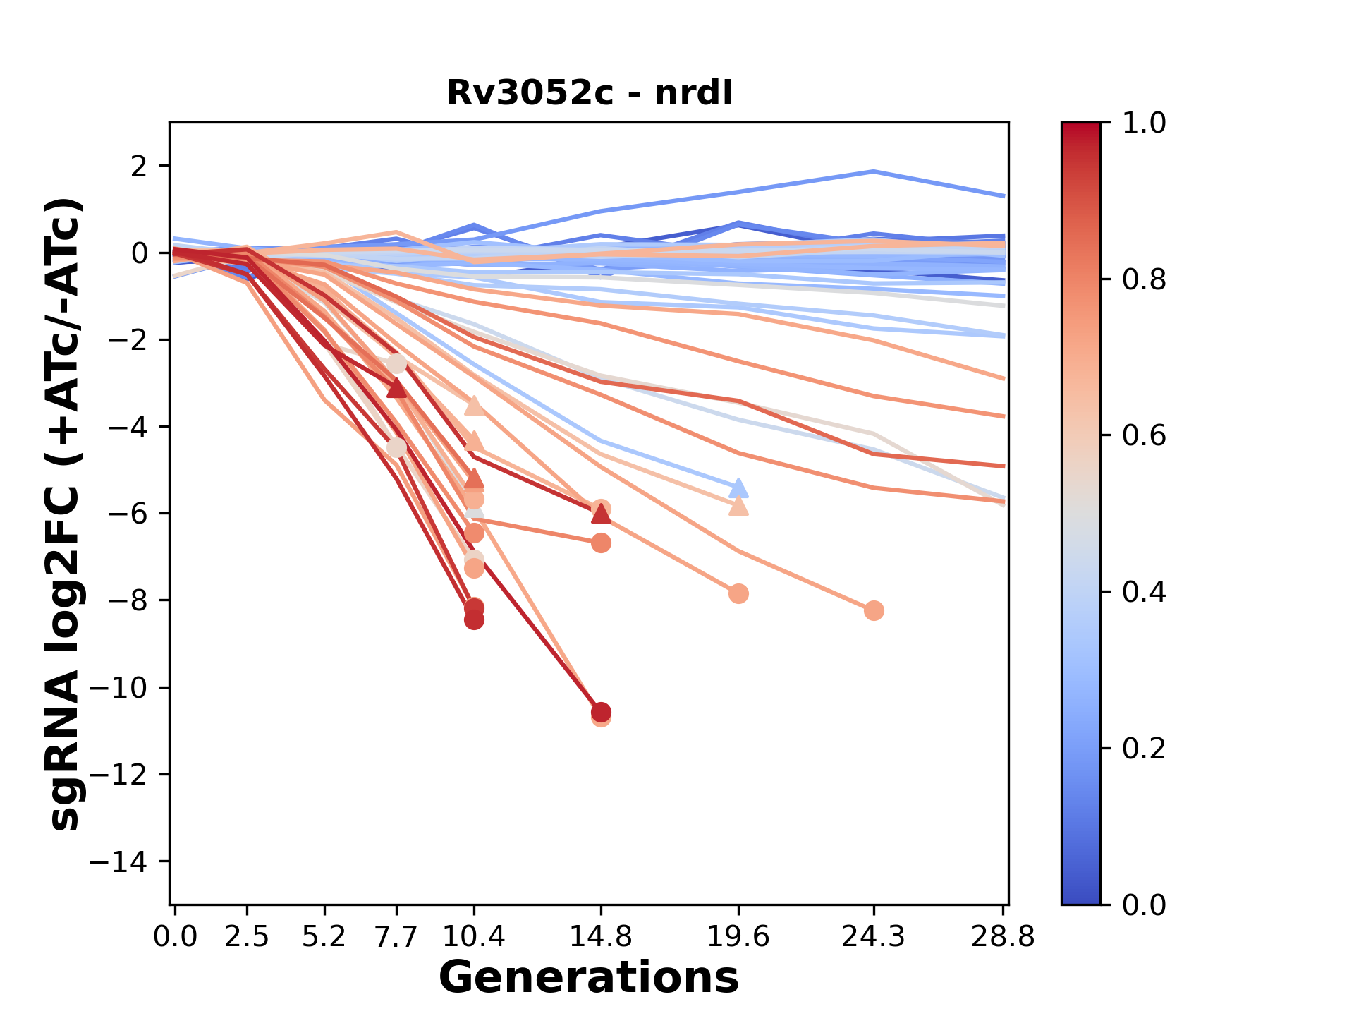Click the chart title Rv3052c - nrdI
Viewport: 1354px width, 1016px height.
click(x=590, y=93)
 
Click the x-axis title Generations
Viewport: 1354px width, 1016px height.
click(x=589, y=978)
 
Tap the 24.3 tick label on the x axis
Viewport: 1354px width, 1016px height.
click(x=874, y=937)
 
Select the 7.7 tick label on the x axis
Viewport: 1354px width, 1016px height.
click(x=397, y=937)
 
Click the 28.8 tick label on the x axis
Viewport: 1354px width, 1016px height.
click(x=1003, y=937)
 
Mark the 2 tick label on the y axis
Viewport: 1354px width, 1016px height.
click(x=141, y=166)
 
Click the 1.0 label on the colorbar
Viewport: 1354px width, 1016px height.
click(x=1144, y=123)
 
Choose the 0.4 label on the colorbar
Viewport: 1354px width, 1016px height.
click(x=1144, y=592)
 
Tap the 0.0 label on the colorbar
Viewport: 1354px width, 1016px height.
click(x=1144, y=905)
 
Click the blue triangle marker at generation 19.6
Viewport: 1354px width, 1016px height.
click(x=738, y=488)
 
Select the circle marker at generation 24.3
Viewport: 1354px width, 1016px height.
click(x=874, y=610)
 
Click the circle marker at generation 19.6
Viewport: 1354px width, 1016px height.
click(x=738, y=593)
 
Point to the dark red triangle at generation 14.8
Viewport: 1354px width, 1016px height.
click(x=601, y=514)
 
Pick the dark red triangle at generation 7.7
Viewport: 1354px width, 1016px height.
click(x=397, y=387)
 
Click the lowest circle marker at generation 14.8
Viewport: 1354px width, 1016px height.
click(x=601, y=718)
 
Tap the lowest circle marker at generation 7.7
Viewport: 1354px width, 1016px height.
click(x=397, y=448)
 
